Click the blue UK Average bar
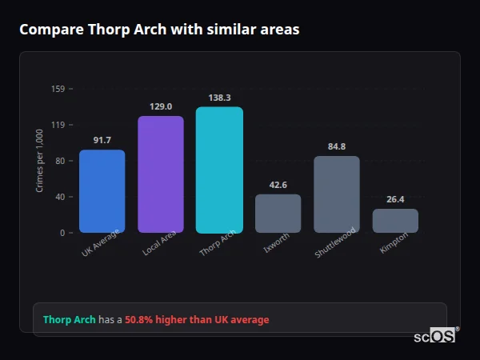(102, 191)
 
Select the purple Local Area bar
(161, 174)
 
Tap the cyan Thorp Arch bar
(219, 170)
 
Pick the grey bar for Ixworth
(278, 214)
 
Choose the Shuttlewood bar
(337, 194)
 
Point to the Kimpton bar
(395, 221)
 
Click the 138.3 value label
(219, 98)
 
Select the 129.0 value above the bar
(161, 106)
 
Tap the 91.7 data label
(102, 140)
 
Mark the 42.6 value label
(278, 185)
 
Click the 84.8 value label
(337, 146)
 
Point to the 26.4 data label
(395, 199)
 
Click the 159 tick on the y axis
(58, 89)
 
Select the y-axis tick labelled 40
(60, 197)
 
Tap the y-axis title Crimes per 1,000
(40, 161)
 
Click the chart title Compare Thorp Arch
(159, 30)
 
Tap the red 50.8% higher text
(197, 320)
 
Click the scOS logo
(435, 336)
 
